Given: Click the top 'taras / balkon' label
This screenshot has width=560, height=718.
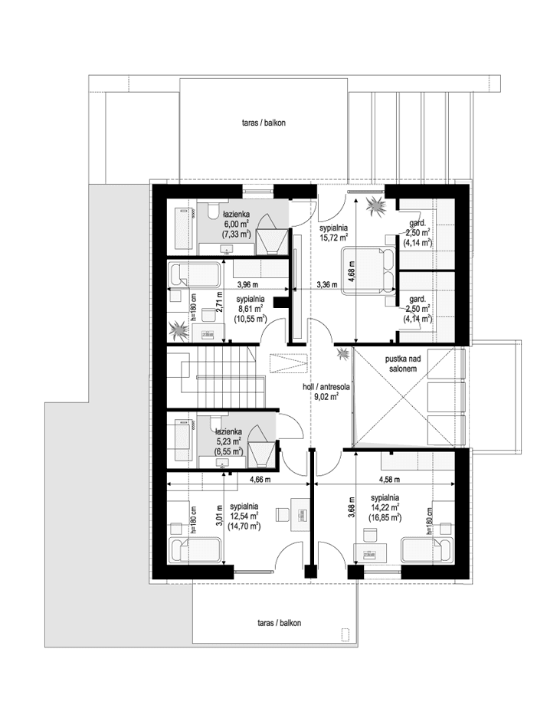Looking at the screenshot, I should tap(260, 123).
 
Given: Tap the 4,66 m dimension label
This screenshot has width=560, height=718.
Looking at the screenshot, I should tap(262, 480).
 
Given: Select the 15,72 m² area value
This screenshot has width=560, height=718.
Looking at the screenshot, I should tap(335, 238).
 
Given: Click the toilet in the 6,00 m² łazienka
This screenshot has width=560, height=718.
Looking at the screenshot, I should tap(210, 212).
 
